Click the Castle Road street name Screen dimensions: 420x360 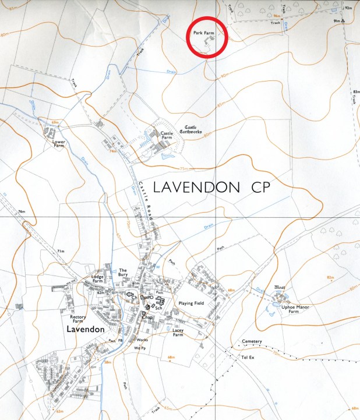pyautogui.click(x=147, y=200)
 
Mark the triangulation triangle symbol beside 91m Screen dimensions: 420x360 pyautogui.click(x=344, y=21)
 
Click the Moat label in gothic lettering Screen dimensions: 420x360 pyautogui.click(x=280, y=288)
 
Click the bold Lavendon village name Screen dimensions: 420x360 pyautogui.click(x=85, y=329)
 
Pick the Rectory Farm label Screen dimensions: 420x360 pyautogui.click(x=78, y=319)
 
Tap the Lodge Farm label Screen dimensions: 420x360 pyautogui.click(x=101, y=278)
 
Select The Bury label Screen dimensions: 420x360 pyautogui.click(x=123, y=272)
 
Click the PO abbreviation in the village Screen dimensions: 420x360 pyautogui.click(x=149, y=298)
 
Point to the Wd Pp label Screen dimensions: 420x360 pyautogui.click(x=139, y=348)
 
